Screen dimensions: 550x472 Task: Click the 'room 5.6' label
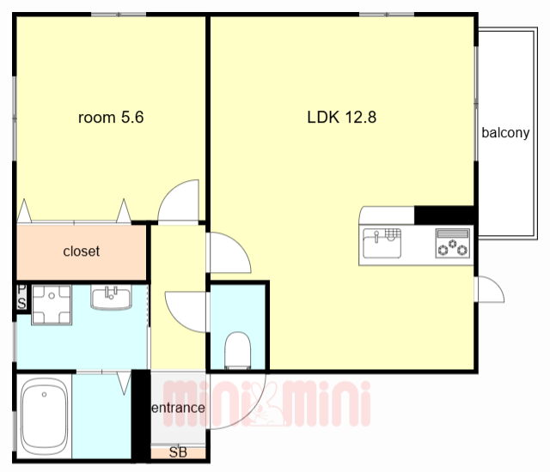111,118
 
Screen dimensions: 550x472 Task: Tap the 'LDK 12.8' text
342,118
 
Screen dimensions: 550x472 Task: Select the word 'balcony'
505,133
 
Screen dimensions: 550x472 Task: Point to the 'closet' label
82,251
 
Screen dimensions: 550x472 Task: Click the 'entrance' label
178,408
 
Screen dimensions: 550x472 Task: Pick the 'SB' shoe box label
178,452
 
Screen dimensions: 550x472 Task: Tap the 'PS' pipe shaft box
21,297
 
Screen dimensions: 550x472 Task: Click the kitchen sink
382,243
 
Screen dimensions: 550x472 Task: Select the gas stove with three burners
453,244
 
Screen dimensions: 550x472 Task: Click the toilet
237,350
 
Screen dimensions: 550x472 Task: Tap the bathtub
44,416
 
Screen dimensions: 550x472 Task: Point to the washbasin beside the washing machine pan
112,297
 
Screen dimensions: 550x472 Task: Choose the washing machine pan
52,305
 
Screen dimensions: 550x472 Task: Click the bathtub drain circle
44,394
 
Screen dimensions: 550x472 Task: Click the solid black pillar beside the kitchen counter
444,215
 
